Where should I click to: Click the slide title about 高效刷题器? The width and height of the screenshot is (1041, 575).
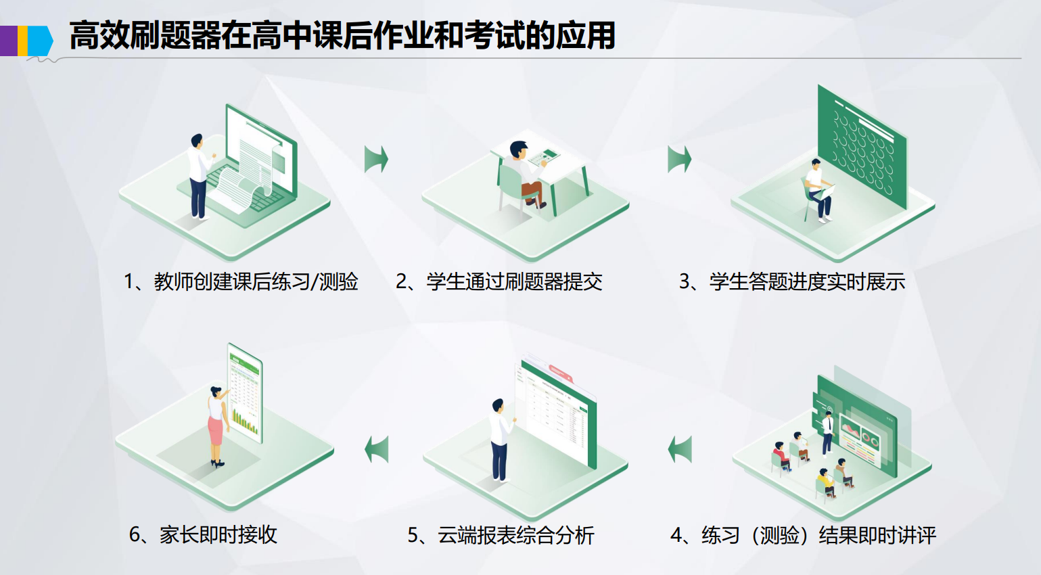pyautogui.click(x=342, y=35)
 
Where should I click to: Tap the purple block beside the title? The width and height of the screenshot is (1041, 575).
pyautogui.click(x=9, y=41)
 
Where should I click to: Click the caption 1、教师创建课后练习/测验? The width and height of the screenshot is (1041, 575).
pyautogui.click(x=241, y=281)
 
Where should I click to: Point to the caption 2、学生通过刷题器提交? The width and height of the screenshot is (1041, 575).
pyautogui.click(x=499, y=281)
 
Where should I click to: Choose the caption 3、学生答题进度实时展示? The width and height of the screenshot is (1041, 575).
pyautogui.click(x=792, y=281)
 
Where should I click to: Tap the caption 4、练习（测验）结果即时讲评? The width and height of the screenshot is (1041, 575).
pyautogui.click(x=803, y=535)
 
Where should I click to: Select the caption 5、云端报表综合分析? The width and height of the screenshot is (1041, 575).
pyautogui.click(x=501, y=535)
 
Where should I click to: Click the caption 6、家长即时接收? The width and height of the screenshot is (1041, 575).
pyautogui.click(x=203, y=534)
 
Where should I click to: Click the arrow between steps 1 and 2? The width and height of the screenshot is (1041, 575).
pyautogui.click(x=376, y=159)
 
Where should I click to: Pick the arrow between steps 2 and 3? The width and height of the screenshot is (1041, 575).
pyautogui.click(x=679, y=159)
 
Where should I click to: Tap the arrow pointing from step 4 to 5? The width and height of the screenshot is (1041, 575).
pyautogui.click(x=680, y=449)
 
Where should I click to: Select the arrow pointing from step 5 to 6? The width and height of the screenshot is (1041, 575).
pyautogui.click(x=377, y=449)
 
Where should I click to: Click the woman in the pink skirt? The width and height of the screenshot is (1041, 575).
pyautogui.click(x=216, y=426)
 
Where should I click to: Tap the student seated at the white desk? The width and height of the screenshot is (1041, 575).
pyautogui.click(x=524, y=175)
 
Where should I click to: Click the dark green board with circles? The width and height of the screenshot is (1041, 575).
pyautogui.click(x=862, y=146)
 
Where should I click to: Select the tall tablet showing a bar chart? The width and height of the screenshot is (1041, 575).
pyautogui.click(x=246, y=393)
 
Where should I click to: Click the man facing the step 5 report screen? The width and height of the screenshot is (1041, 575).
pyautogui.click(x=500, y=440)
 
